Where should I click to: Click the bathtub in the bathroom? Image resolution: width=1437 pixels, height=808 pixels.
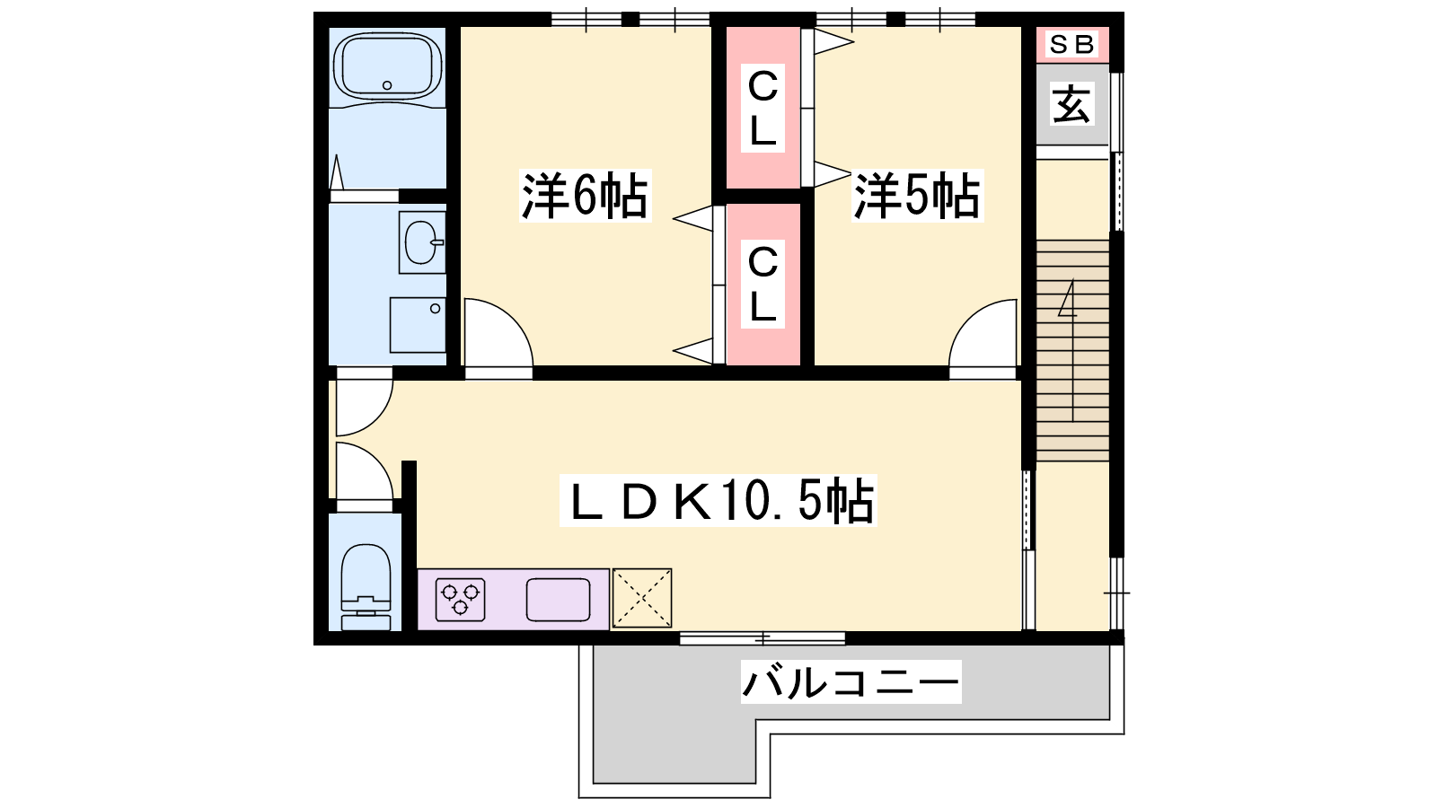point(387,66)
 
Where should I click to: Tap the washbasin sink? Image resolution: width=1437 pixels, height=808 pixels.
point(421,242)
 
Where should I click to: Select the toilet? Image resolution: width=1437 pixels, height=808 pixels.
point(366,587)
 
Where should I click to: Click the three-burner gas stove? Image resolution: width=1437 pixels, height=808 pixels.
point(460,600)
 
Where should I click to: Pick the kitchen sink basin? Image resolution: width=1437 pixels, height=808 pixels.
point(558,600)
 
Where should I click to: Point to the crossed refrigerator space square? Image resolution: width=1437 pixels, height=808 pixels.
point(642,598)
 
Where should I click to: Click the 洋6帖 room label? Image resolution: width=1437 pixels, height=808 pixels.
point(585,196)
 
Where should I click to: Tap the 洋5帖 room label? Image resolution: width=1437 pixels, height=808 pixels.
point(917,196)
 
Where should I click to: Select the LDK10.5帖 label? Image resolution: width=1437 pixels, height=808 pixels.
point(718,501)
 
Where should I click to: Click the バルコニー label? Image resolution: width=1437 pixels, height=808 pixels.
point(851,681)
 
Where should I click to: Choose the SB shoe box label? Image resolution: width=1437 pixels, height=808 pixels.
point(1072,44)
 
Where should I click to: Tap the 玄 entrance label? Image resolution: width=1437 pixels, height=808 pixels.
point(1071,104)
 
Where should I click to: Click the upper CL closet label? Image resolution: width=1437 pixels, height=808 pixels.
point(763,108)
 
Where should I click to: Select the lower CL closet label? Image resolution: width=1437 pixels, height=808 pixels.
point(763,284)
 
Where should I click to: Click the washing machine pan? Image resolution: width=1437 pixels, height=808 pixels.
point(418,324)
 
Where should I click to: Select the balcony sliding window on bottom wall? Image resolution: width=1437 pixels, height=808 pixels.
point(763,638)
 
